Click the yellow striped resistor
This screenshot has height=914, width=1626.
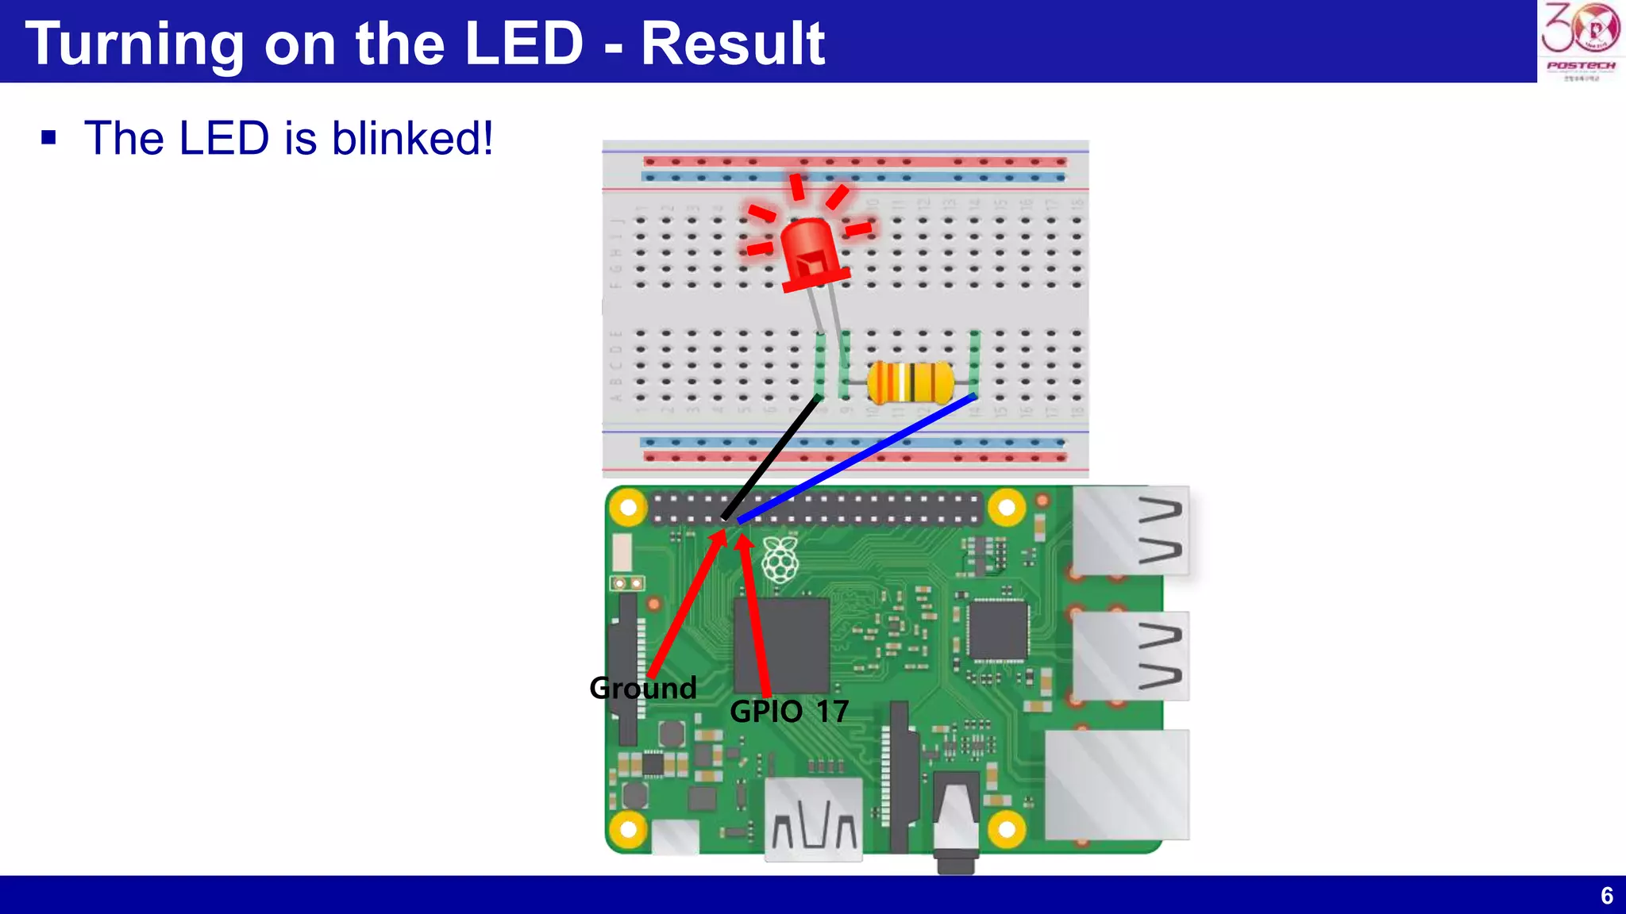coord(910,382)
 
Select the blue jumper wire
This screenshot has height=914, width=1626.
coord(857,459)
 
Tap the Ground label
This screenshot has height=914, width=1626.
coord(643,688)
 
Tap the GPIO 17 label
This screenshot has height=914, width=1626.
coord(789,712)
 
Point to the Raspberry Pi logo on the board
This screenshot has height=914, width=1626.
coord(780,559)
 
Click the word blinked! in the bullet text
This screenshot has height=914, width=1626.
coord(412,138)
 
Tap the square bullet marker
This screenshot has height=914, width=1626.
coord(49,138)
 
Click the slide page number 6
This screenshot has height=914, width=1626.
coord(1606,896)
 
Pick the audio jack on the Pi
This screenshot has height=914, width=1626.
coord(955,825)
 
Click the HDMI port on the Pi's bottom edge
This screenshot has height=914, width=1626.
coord(813,820)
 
